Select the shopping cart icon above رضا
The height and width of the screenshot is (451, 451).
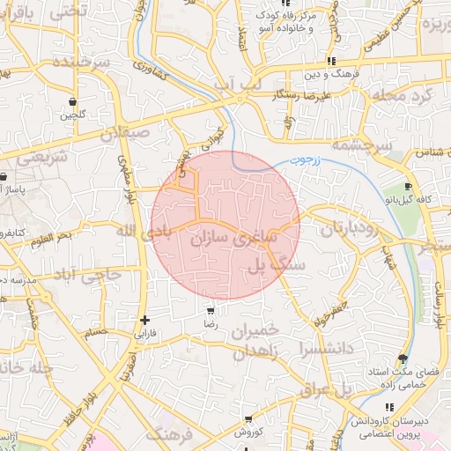pos(211,311)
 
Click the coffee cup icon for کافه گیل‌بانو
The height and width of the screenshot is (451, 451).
pos(408,187)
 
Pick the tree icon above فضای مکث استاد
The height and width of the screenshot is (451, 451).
pos(403,358)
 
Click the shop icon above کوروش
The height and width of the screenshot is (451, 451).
pos(250,419)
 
